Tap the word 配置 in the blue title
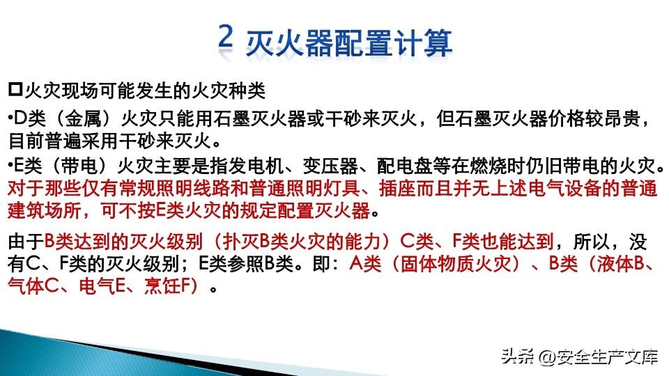[x=363, y=42]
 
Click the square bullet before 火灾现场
[x=15, y=89]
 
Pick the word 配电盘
[x=403, y=166]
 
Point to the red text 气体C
[x=33, y=286]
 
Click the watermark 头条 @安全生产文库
[x=579, y=357]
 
